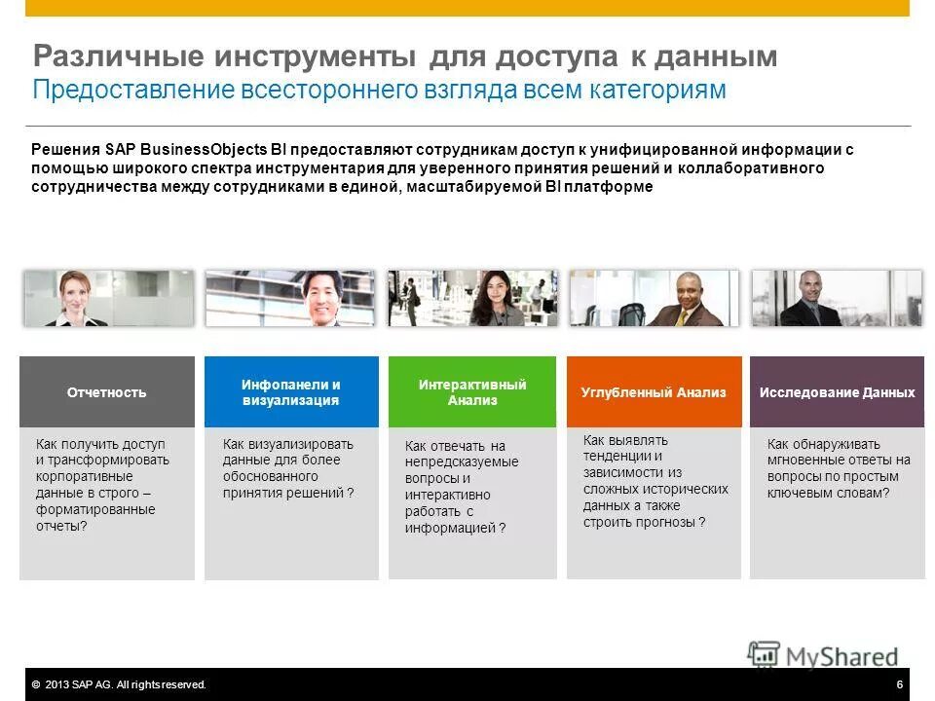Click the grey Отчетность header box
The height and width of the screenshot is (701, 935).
tap(107, 392)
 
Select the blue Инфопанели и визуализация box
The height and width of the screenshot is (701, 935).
tap(291, 392)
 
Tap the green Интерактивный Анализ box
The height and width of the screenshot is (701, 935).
tap(472, 392)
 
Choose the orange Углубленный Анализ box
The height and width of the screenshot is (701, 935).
tap(654, 392)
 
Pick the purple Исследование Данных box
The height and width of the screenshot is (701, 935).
tap(837, 392)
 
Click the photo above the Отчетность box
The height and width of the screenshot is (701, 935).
tap(109, 298)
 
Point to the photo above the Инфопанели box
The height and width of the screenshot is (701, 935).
tap(290, 298)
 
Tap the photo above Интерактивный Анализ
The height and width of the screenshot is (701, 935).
tap(472, 298)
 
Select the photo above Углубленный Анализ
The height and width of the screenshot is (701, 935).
tap(654, 298)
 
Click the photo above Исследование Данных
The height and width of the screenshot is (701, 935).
tap(836, 298)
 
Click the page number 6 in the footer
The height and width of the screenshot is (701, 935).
tap(899, 684)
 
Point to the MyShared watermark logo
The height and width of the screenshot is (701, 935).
tap(823, 655)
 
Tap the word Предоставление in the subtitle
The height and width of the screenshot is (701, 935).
tap(132, 91)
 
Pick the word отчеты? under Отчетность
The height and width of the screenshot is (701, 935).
tap(61, 527)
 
